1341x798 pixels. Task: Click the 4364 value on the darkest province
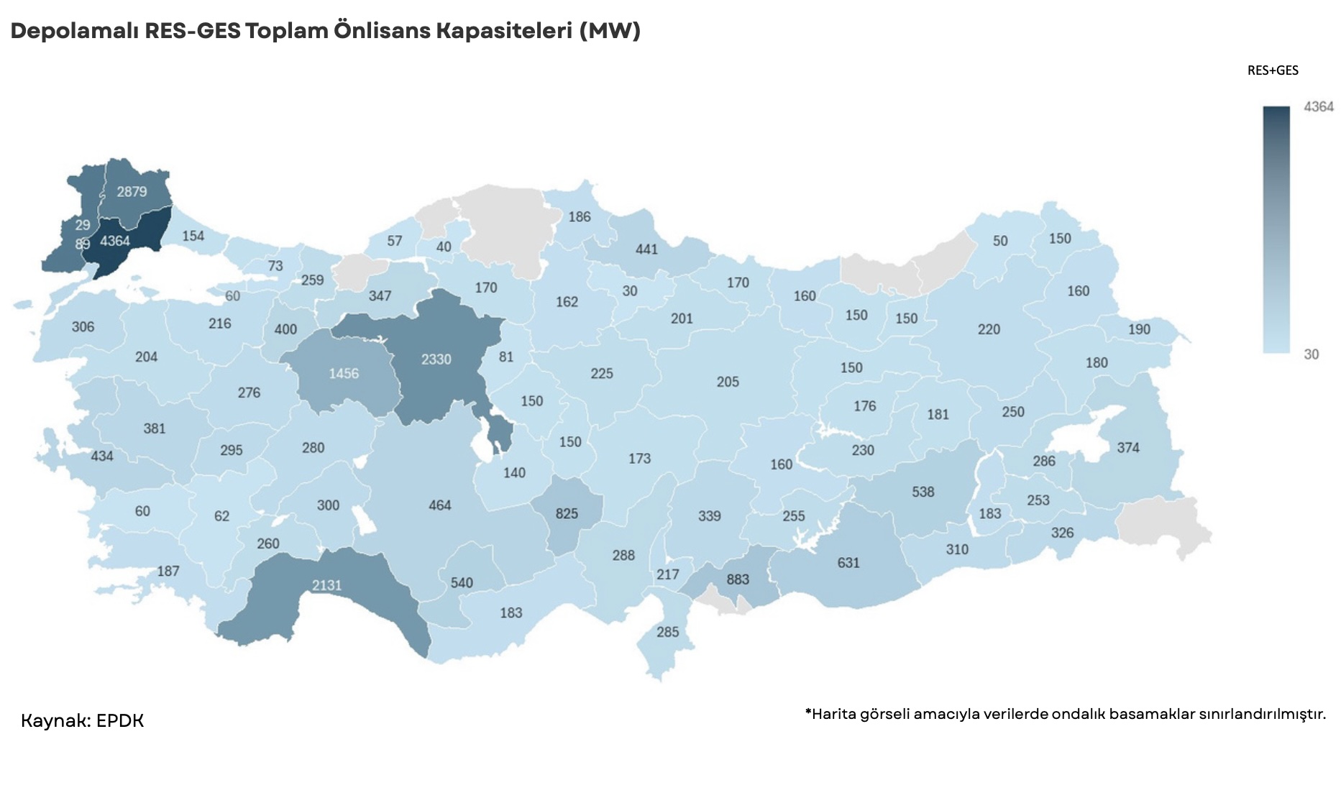115,241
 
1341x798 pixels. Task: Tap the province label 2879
132,191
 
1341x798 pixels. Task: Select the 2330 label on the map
436,359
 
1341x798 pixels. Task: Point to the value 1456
343,373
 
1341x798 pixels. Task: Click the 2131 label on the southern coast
326,585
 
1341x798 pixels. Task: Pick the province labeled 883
737,579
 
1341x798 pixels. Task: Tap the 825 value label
567,513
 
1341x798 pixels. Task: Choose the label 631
848,562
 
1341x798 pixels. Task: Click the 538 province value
923,492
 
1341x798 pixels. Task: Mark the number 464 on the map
439,505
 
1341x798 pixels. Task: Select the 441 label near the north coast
646,249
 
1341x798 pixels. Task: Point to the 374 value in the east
1127,447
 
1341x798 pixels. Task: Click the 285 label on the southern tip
667,632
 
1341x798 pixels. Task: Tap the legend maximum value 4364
1318,106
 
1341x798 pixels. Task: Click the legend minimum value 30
1311,354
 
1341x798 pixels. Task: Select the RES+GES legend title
1272,70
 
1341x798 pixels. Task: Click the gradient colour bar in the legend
1276,229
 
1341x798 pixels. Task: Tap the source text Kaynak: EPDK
82,720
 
